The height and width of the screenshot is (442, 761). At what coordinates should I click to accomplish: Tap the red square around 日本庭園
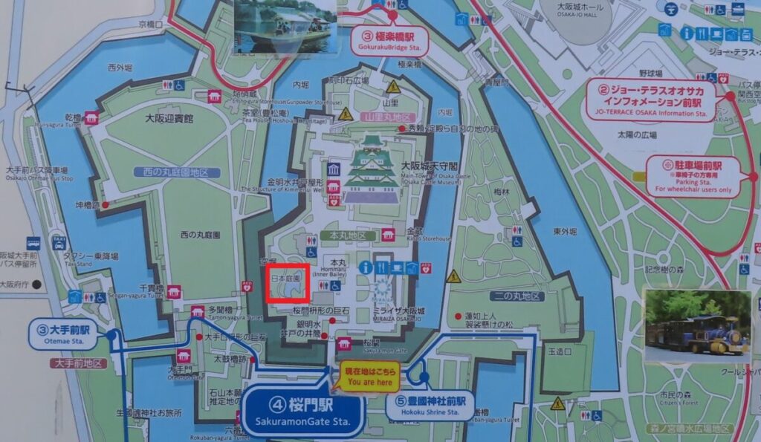click(x=288, y=282)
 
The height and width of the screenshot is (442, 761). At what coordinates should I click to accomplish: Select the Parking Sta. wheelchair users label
click(x=693, y=175)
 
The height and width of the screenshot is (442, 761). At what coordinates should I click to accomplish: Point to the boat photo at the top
click(x=284, y=26)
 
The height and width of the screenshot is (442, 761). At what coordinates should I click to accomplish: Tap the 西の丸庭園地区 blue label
click(x=178, y=172)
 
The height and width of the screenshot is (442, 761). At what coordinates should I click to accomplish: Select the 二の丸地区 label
click(x=516, y=296)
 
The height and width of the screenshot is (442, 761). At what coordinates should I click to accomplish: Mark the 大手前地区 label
click(x=77, y=363)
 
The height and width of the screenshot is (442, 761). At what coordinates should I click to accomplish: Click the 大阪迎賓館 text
click(x=168, y=118)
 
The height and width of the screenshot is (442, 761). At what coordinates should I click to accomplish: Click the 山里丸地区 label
click(x=386, y=117)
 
